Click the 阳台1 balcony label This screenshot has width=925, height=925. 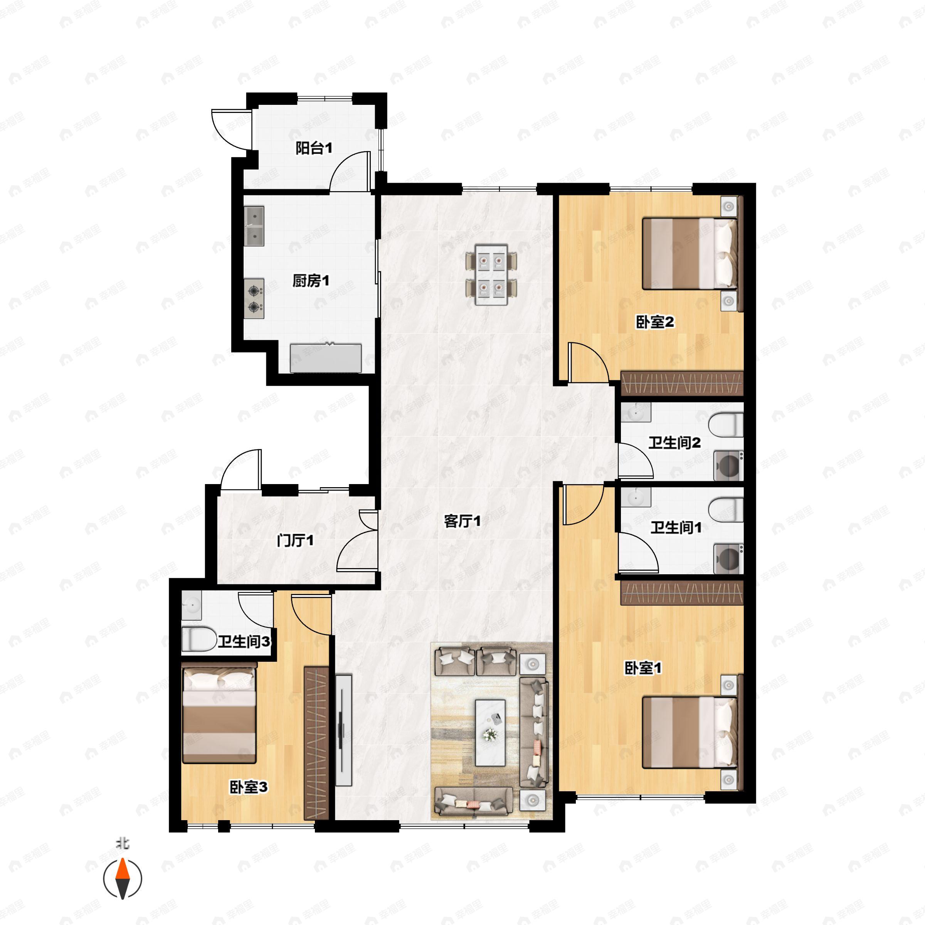coord(314,148)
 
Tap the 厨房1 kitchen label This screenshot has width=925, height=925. coord(311,281)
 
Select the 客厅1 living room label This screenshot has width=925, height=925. coord(462,521)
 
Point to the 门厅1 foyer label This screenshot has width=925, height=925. coord(295,541)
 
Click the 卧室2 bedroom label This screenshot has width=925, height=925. coord(654,322)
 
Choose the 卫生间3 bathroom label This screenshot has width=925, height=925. coord(244,642)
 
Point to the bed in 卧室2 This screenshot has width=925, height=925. coord(689,254)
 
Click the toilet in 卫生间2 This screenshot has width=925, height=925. coord(725,425)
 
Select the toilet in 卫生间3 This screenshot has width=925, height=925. coord(199,639)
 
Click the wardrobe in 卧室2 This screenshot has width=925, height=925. coord(681,383)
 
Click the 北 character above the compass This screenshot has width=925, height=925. coord(123,844)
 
